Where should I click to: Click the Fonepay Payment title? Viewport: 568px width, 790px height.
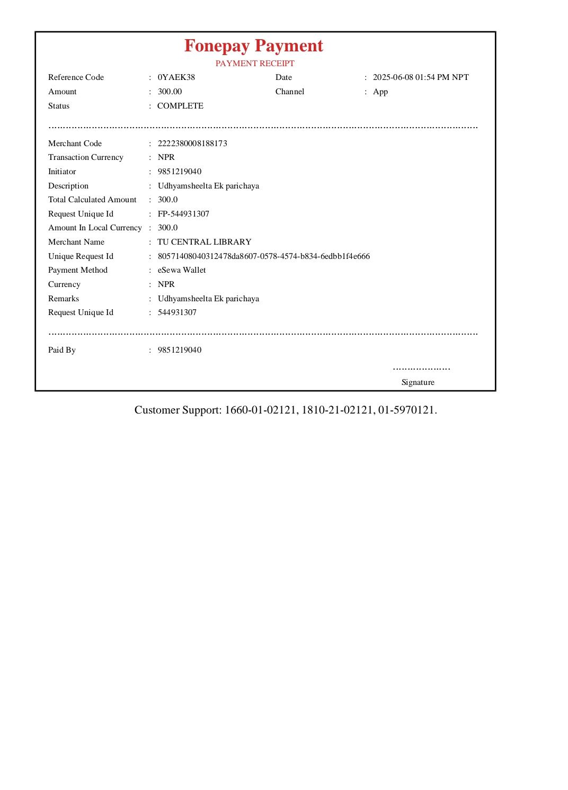(x=253, y=46)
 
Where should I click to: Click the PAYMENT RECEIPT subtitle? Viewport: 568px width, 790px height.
(x=254, y=64)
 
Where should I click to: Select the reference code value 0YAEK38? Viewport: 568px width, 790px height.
(x=176, y=77)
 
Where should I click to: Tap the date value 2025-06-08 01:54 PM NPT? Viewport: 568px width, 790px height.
(x=420, y=77)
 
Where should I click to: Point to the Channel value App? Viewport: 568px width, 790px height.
(x=380, y=92)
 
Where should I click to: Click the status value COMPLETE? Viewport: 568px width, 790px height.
(x=180, y=106)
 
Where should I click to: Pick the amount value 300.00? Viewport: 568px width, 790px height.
(x=170, y=92)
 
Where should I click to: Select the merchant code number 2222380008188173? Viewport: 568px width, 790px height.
(x=192, y=143)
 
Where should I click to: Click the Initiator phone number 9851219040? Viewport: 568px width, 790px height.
(x=179, y=172)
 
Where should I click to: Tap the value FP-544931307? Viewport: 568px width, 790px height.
(x=183, y=214)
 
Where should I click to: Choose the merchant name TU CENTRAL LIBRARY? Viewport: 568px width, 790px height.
(x=204, y=242)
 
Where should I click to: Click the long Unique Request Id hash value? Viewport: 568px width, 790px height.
(x=263, y=256)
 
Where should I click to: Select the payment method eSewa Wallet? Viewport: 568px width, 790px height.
(x=182, y=270)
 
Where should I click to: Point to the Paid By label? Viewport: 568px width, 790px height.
(x=62, y=350)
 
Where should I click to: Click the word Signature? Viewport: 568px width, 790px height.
(x=418, y=382)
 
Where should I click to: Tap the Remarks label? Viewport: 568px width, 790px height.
(x=64, y=299)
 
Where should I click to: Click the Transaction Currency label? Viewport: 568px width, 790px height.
(x=86, y=157)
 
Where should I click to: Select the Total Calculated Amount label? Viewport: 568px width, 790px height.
(x=92, y=200)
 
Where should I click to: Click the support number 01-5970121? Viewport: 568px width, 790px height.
(x=406, y=410)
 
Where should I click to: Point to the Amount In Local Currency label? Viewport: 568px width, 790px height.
(x=95, y=228)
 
